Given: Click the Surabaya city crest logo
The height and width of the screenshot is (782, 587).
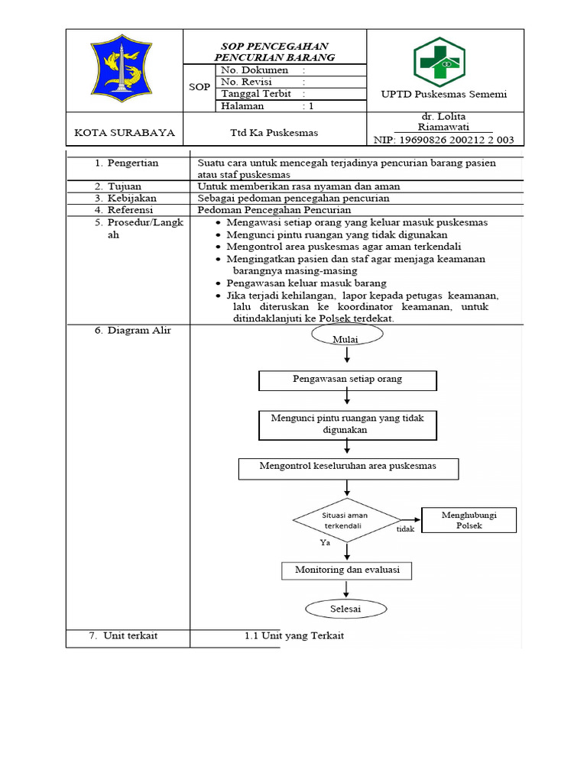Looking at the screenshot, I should coord(124,68).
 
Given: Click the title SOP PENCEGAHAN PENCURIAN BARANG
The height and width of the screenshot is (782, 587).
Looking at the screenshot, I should coord(274,52).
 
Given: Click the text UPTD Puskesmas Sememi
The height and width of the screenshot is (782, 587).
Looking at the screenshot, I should coord(444,94).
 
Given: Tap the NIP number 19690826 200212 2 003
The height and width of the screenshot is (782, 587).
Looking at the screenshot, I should coord(443,140).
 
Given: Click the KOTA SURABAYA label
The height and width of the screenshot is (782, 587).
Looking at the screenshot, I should coord(125,133).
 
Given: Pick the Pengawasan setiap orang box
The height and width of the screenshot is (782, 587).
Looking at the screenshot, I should coord(348,380).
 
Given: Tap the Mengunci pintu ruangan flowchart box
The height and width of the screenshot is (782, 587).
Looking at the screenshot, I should coord(348,425).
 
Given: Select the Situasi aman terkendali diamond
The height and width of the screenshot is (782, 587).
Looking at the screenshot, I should coord(346,521).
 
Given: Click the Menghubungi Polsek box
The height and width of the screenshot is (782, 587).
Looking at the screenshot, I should coord(469,521).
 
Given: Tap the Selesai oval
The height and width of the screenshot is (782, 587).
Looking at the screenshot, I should coord(345,609).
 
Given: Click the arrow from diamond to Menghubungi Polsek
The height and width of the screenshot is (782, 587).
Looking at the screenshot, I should coord(411,520).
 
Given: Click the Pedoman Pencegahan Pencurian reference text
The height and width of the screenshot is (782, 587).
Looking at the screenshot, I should coord(274,210).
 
